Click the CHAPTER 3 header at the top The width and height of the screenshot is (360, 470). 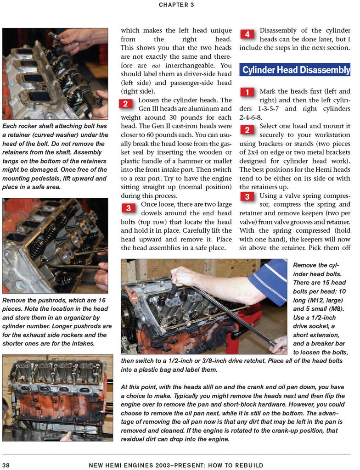pos(176,5)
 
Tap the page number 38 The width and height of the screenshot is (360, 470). pos(6,465)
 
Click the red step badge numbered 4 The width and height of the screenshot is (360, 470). pos(247,34)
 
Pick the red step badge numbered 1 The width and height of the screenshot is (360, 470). pos(247,92)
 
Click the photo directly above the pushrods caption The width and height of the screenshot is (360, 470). pos(55,246)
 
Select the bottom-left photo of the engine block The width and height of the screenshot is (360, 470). pos(57,397)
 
